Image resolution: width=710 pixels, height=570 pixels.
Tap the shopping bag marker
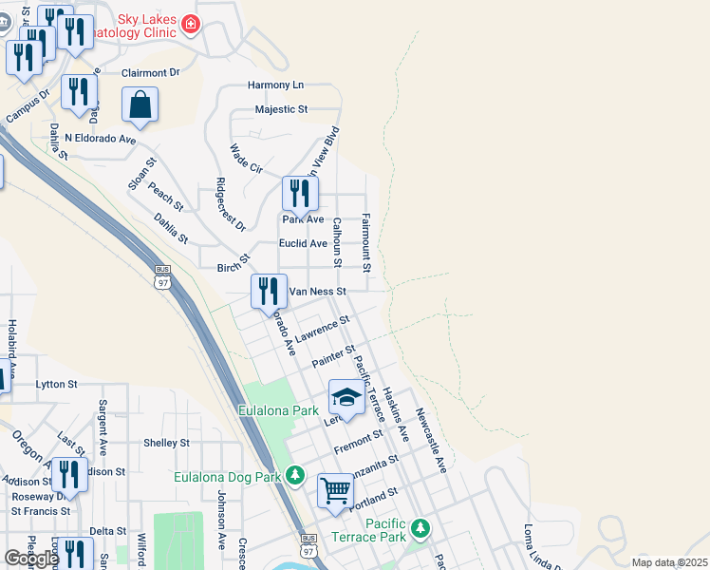click(x=140, y=104)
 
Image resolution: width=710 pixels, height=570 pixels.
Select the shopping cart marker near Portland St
click(x=335, y=491)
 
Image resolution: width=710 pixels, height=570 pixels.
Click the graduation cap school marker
click(x=347, y=397)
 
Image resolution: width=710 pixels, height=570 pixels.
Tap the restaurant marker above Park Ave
click(x=300, y=193)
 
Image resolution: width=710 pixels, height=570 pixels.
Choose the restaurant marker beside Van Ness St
click(x=269, y=290)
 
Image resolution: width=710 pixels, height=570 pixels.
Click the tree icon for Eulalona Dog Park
click(x=296, y=473)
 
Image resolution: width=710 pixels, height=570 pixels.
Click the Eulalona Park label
click(x=277, y=411)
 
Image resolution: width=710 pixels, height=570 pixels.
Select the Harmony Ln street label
click(x=275, y=85)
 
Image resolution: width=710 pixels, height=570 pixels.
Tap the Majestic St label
click(x=281, y=109)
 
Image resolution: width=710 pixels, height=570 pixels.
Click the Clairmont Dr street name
click(x=150, y=71)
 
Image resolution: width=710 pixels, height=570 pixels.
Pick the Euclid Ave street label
click(x=303, y=243)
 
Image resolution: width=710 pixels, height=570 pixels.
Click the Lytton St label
click(x=56, y=384)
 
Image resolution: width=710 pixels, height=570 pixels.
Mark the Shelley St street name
click(x=166, y=443)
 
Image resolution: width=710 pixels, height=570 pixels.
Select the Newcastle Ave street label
click(x=430, y=441)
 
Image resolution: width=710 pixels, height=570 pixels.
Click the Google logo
click(x=31, y=559)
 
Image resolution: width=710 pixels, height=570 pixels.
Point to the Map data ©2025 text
click(x=668, y=562)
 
